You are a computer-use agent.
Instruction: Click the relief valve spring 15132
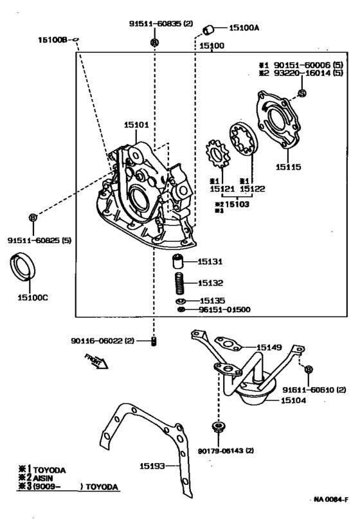click(181, 282)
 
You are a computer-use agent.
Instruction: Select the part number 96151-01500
click(224, 309)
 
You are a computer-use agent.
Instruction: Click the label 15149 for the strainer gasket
click(270, 347)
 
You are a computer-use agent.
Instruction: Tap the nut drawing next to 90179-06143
click(220, 427)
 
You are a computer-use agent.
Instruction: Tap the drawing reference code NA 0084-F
click(332, 500)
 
